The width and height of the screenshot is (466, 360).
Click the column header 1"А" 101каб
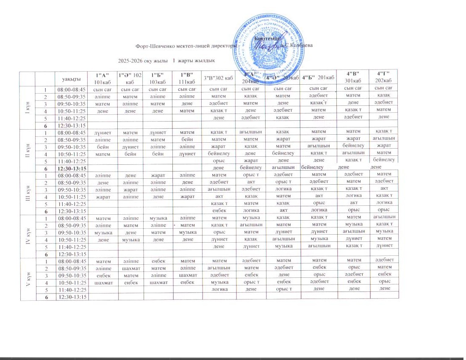103,78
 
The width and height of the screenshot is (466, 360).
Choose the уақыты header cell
72,78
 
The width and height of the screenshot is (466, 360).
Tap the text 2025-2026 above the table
132,61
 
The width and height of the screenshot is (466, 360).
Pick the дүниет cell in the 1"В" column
187,153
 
